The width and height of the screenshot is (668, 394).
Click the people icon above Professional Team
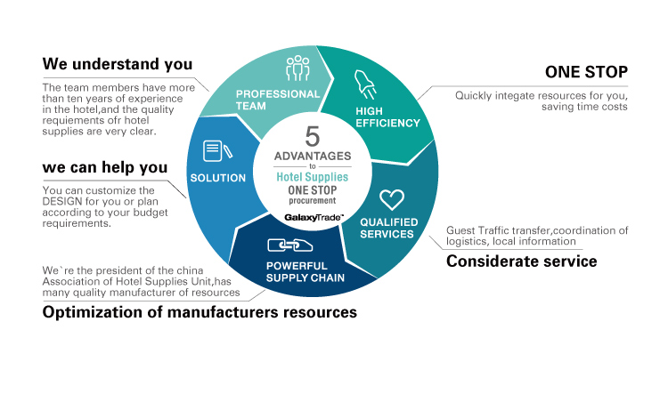[x=297, y=69]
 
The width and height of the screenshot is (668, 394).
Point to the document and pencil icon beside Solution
[x=213, y=150]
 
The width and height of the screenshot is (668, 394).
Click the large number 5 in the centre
[x=312, y=136]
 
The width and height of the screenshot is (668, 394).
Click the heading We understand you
[x=118, y=65]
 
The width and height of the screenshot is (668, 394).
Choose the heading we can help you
[x=105, y=167]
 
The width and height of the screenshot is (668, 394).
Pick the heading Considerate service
[x=521, y=261]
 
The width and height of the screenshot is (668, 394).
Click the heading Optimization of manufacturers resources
[x=200, y=312]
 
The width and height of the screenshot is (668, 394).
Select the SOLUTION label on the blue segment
[x=218, y=178]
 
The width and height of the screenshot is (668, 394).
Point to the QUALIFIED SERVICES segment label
[x=387, y=229]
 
